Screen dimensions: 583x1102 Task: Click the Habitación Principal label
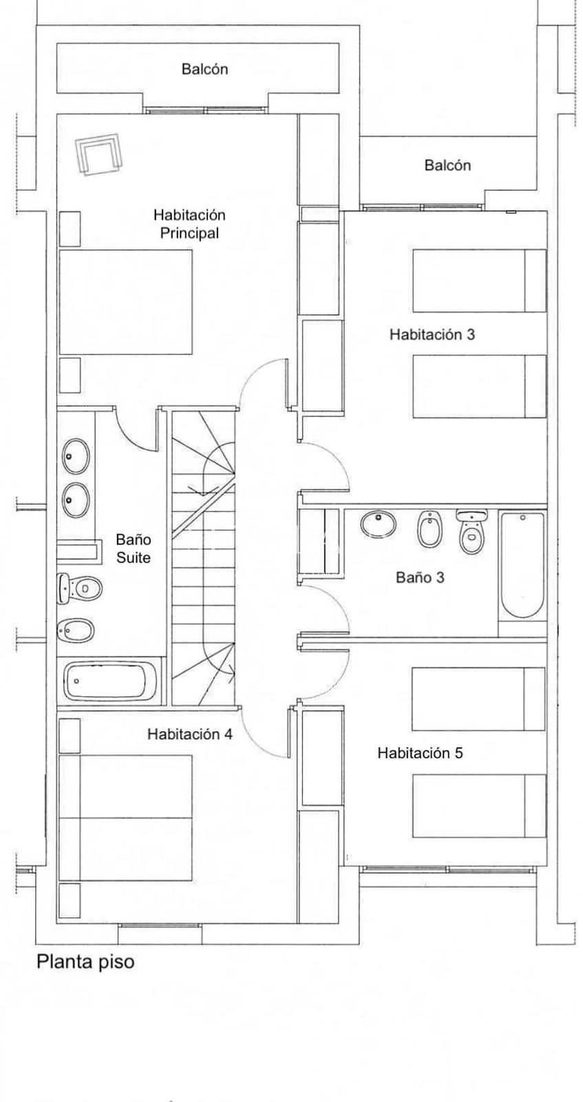pyautogui.click(x=189, y=224)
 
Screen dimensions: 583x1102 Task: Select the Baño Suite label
pyautogui.click(x=134, y=548)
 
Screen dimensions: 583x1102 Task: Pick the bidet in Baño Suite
pyautogui.click(x=76, y=630)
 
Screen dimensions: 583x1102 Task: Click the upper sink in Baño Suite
pyautogui.click(x=76, y=456)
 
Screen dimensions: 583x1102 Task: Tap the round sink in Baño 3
pyautogui.click(x=379, y=523)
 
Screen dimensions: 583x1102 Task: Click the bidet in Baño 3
pyautogui.click(x=430, y=528)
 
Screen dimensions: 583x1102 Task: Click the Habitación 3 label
pyautogui.click(x=432, y=335)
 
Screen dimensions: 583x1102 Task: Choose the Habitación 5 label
pyautogui.click(x=421, y=753)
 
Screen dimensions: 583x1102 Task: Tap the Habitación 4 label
pyautogui.click(x=190, y=734)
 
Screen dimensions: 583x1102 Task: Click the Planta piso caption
pyautogui.click(x=85, y=961)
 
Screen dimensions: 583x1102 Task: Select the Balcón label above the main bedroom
pyautogui.click(x=204, y=69)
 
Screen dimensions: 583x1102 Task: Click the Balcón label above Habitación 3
pyautogui.click(x=447, y=165)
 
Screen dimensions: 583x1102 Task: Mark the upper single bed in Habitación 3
pyautogui.click(x=479, y=280)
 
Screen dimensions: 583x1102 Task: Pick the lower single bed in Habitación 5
pyautogui.click(x=479, y=806)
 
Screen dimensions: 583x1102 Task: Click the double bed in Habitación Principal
pyautogui.click(x=125, y=302)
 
